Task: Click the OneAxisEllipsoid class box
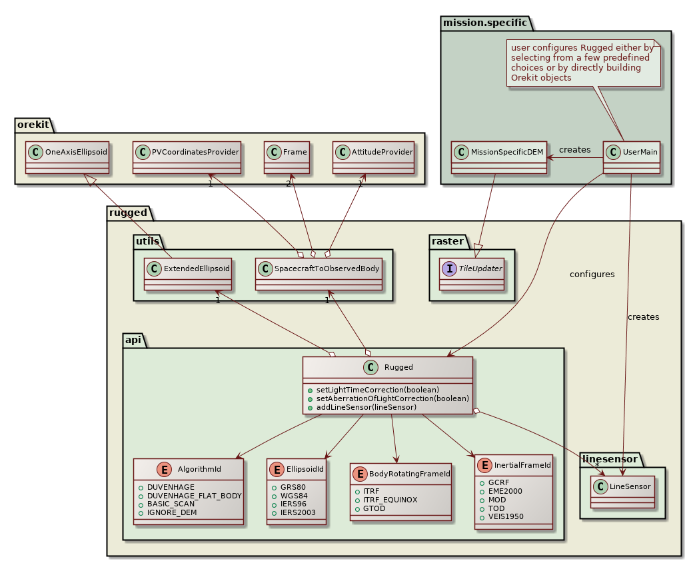coord(67,157)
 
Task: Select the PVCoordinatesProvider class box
coord(186,157)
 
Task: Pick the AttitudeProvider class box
coord(374,157)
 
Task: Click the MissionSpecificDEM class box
coord(499,157)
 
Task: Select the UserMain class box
coord(632,157)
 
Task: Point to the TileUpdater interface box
coord(472,275)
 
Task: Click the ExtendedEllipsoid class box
coord(188,275)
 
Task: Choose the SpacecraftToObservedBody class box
coord(319,275)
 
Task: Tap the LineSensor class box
coord(621,492)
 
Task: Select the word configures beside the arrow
coord(592,274)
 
